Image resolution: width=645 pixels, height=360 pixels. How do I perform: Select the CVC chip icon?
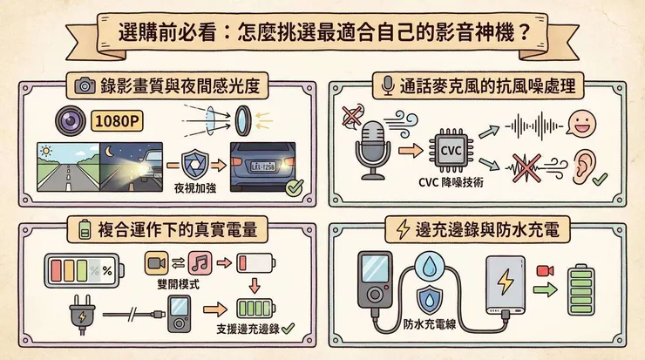pyautogui.click(x=451, y=149)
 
